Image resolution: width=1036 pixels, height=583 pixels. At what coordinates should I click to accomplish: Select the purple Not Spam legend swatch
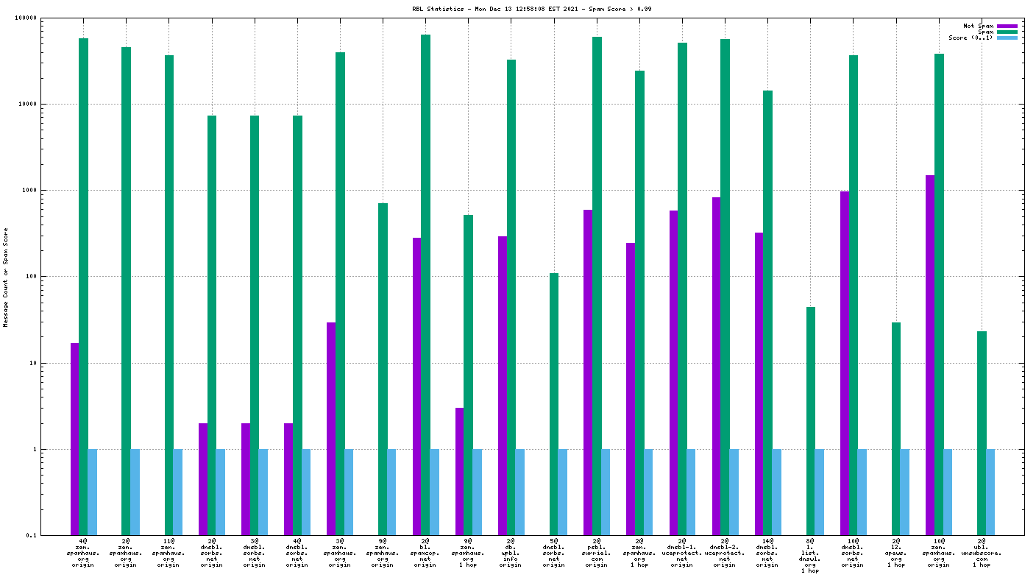click(1007, 26)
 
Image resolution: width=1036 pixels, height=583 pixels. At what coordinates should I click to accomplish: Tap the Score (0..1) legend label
click(971, 38)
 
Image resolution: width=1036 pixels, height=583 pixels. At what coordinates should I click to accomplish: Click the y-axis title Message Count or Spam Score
click(6, 278)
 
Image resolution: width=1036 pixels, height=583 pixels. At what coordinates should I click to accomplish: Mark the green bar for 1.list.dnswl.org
click(811, 420)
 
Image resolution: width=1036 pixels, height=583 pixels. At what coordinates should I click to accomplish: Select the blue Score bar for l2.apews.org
click(905, 492)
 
